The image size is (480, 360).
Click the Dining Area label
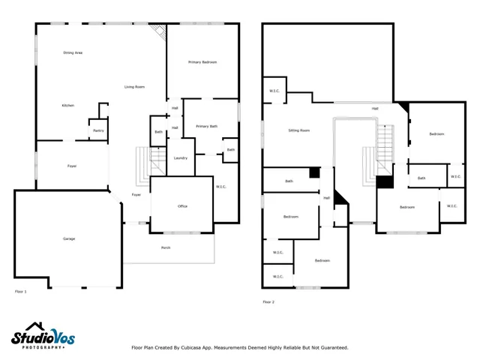coord(73,52)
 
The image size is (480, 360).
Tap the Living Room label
coord(134,87)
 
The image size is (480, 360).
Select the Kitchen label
coord(67,106)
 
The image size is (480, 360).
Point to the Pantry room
coord(98,130)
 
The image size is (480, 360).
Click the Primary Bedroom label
coord(202,61)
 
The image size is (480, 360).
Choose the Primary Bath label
coord(207,127)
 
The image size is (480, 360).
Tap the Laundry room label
coord(180,158)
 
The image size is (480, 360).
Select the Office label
coord(182,206)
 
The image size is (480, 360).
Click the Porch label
coord(165,247)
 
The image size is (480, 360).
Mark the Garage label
coord(68,238)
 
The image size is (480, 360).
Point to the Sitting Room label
coord(299,130)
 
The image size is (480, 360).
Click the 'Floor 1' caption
coord(21,291)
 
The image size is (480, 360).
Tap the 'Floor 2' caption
coord(268,301)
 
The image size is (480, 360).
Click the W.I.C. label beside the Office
coord(221,187)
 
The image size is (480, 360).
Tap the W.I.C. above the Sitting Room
coord(274,91)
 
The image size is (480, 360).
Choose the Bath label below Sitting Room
coord(289,181)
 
